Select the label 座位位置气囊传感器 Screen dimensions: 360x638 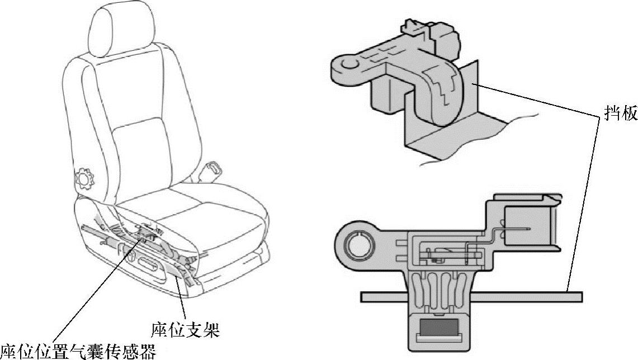tap(78, 351)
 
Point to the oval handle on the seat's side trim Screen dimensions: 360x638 tap(146, 262)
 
